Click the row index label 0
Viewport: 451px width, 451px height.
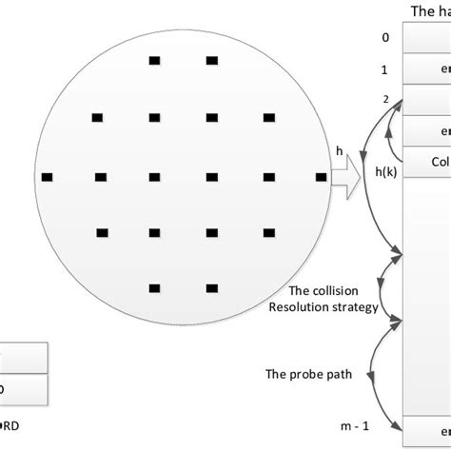pos(384,38)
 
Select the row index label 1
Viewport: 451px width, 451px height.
pos(384,69)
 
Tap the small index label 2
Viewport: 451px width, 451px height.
pos(385,99)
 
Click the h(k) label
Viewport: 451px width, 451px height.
pos(386,171)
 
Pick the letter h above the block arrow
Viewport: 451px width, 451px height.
pos(340,150)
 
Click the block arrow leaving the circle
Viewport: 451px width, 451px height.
pos(346,176)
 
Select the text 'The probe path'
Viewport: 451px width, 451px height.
pos(316,374)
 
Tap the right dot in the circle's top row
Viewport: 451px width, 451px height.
pos(211,61)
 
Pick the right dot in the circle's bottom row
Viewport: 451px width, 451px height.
pos(211,288)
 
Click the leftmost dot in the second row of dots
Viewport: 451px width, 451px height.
pos(97,118)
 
